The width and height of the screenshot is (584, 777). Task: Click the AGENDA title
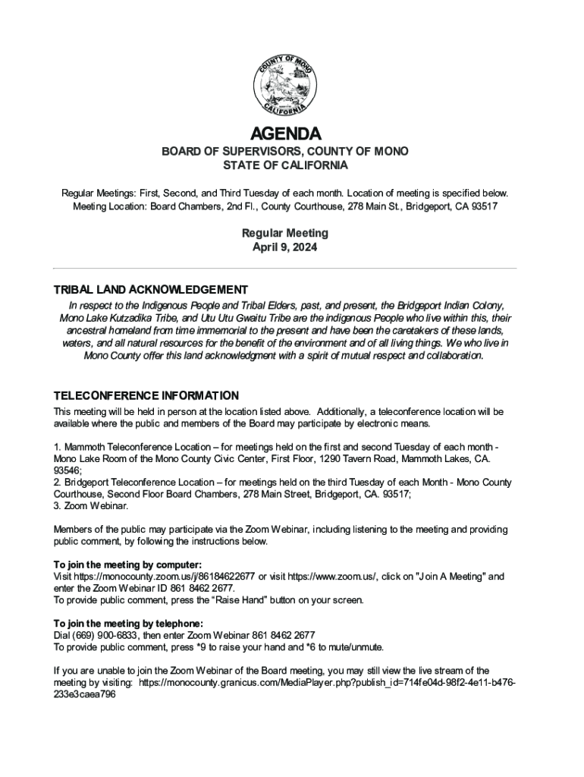click(285, 134)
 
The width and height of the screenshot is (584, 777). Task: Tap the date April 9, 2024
click(285, 248)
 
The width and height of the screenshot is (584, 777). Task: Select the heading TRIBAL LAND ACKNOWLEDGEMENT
click(150, 290)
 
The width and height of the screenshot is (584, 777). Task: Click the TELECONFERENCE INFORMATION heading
click(146, 396)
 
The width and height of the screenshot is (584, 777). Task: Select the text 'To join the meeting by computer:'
click(127, 565)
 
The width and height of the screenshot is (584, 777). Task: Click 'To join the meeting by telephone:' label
click(128, 624)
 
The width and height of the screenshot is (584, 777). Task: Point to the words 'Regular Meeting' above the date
click(285, 234)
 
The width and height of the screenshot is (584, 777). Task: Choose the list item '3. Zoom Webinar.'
click(91, 505)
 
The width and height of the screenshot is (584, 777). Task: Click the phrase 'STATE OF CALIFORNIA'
click(285, 165)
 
